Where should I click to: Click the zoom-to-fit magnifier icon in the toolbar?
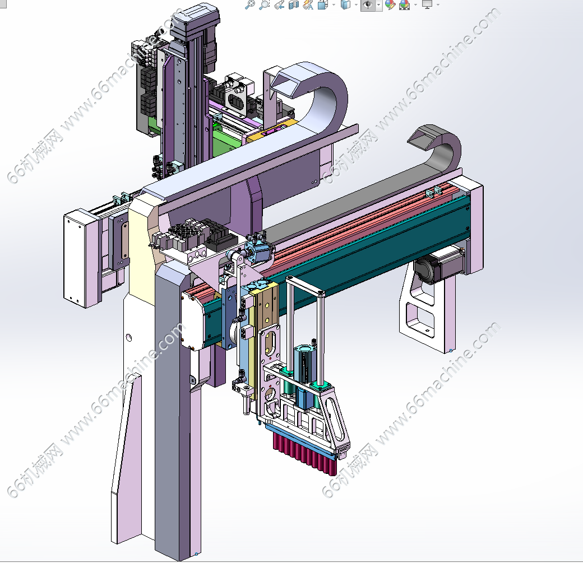(249, 4)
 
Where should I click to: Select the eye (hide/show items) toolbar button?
(368, 5)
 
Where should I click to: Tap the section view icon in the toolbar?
(294, 4)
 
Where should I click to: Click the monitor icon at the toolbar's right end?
(427, 4)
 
